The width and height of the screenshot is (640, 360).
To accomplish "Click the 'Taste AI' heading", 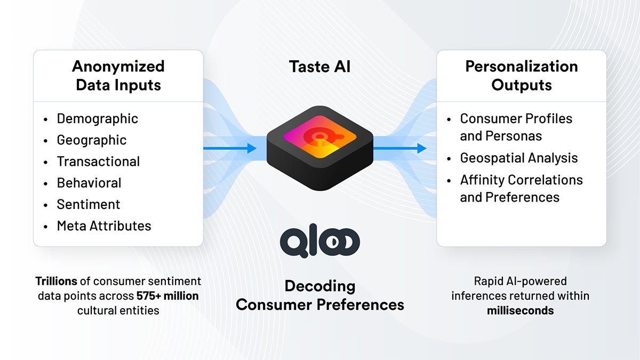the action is [x=319, y=67].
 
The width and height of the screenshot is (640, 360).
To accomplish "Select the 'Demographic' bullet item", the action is [x=97, y=119].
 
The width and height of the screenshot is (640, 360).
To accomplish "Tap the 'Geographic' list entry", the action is [x=91, y=140].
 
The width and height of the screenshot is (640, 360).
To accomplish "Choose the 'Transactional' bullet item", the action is [x=98, y=162].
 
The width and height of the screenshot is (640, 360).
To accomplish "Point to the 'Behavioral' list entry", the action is [x=89, y=183].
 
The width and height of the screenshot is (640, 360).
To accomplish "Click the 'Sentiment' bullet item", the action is [x=89, y=204].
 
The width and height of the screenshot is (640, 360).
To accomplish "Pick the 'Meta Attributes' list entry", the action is [x=103, y=226].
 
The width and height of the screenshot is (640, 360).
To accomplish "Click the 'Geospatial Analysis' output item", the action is [x=518, y=158].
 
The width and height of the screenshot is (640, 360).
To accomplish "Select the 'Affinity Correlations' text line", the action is [x=521, y=180].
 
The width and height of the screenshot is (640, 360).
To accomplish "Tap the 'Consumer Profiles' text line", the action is [x=516, y=118].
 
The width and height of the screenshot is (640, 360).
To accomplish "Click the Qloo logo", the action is [x=319, y=241].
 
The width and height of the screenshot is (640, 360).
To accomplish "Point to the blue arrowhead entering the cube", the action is [x=252, y=148].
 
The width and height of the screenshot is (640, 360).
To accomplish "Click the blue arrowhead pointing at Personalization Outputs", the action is [x=422, y=148].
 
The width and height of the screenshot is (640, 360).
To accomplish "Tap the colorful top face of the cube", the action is [x=319, y=137].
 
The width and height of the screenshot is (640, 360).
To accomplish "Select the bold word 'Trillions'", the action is [x=57, y=281].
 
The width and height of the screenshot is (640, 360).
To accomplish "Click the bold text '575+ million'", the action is [x=167, y=295].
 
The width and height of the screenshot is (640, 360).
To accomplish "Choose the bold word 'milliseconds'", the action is [x=521, y=310].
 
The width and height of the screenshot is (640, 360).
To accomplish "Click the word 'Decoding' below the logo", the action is [x=320, y=286].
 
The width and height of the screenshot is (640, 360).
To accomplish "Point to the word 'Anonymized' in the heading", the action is [x=118, y=67].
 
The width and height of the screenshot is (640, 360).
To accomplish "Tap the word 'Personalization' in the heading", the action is [x=522, y=67].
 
